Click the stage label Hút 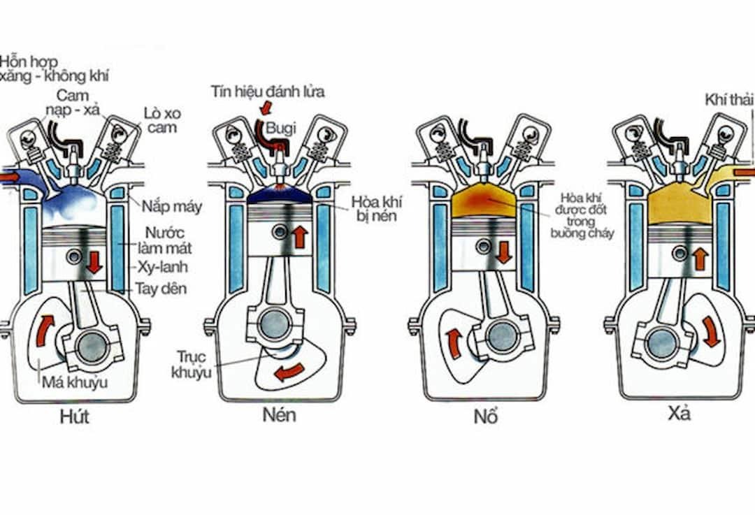[x=75, y=418]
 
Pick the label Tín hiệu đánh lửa [x=268, y=92]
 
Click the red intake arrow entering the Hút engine [x=10, y=177]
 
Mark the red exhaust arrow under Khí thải [x=745, y=172]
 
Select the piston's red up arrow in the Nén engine [x=300, y=236]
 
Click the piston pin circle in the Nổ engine [x=484, y=245]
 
